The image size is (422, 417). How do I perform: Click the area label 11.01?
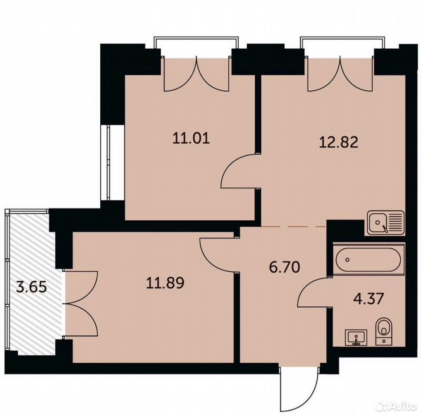point(191,139)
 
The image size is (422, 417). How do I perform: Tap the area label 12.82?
point(339,142)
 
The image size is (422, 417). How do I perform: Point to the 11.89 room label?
point(165,283)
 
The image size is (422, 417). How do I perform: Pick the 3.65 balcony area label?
point(32,287)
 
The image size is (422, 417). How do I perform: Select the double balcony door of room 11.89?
point(80,303)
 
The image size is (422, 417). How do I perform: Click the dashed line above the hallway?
point(293,227)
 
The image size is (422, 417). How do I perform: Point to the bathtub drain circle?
point(348,260)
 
